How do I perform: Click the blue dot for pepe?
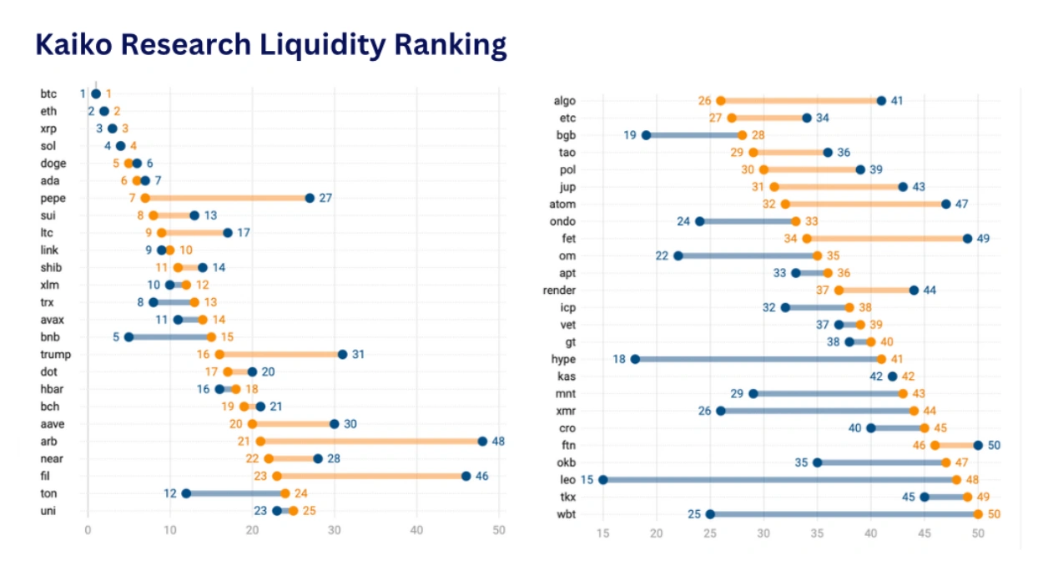(x=310, y=198)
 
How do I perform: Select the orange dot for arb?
(x=260, y=441)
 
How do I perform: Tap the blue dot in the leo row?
(x=603, y=479)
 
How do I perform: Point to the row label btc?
(x=48, y=93)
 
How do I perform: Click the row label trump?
(x=55, y=354)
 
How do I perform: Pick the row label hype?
(x=564, y=359)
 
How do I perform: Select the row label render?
(x=560, y=290)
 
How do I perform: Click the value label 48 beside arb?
(x=498, y=441)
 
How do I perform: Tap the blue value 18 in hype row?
(x=618, y=359)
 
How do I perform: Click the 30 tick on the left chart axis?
(x=335, y=529)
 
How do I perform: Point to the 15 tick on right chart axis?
(x=603, y=533)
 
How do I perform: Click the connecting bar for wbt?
(x=843, y=514)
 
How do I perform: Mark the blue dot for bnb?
(x=128, y=337)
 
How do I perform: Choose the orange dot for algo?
(x=721, y=101)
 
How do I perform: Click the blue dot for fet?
(x=967, y=238)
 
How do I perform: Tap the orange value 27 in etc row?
(x=715, y=118)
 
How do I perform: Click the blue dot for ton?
(x=186, y=493)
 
